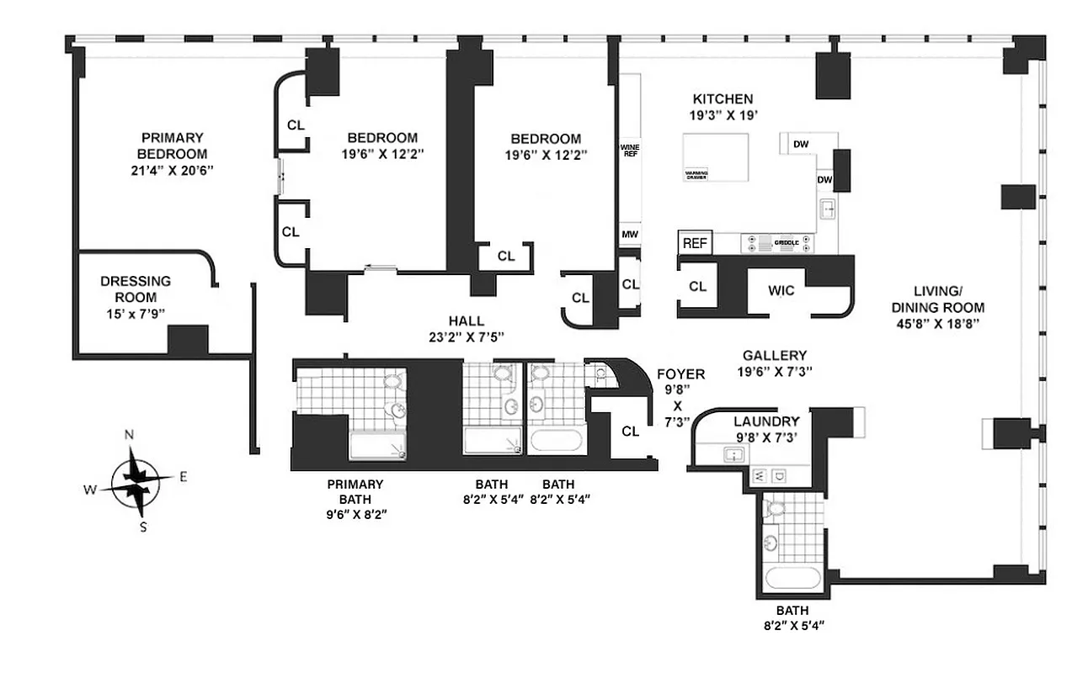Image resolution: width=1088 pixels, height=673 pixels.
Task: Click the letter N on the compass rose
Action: tap(129, 435)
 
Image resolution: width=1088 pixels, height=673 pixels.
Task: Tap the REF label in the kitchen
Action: tap(695, 243)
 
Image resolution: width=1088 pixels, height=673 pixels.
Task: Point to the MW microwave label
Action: tap(629, 234)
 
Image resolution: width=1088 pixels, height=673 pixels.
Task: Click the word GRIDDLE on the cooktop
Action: tap(774, 243)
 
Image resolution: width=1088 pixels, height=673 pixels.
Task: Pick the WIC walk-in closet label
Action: tap(781, 290)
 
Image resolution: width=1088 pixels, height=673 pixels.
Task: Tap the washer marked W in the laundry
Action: tap(758, 476)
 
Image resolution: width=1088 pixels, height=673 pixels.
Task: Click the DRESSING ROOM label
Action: tap(136, 289)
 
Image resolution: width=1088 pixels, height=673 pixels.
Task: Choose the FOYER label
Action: tap(683, 374)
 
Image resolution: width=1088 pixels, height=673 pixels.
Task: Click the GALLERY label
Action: tap(774, 356)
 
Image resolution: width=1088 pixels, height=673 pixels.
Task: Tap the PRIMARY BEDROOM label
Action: tap(172, 146)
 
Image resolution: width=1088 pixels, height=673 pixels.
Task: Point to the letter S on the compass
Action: tap(143, 527)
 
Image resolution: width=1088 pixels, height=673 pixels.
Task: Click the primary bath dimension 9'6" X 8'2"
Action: tap(355, 512)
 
